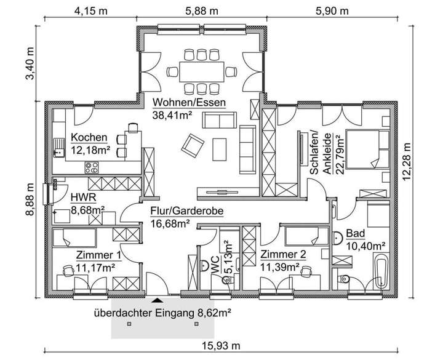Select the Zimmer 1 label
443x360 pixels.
click(x=98, y=255)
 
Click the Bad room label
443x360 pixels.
click(x=354, y=234)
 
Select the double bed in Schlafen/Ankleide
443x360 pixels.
click(x=365, y=148)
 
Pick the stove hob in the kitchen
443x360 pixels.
click(x=93, y=166)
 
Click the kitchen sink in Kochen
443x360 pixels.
click(x=59, y=148)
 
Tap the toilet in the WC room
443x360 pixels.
click(x=205, y=266)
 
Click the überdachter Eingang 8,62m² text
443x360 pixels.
click(x=162, y=312)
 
